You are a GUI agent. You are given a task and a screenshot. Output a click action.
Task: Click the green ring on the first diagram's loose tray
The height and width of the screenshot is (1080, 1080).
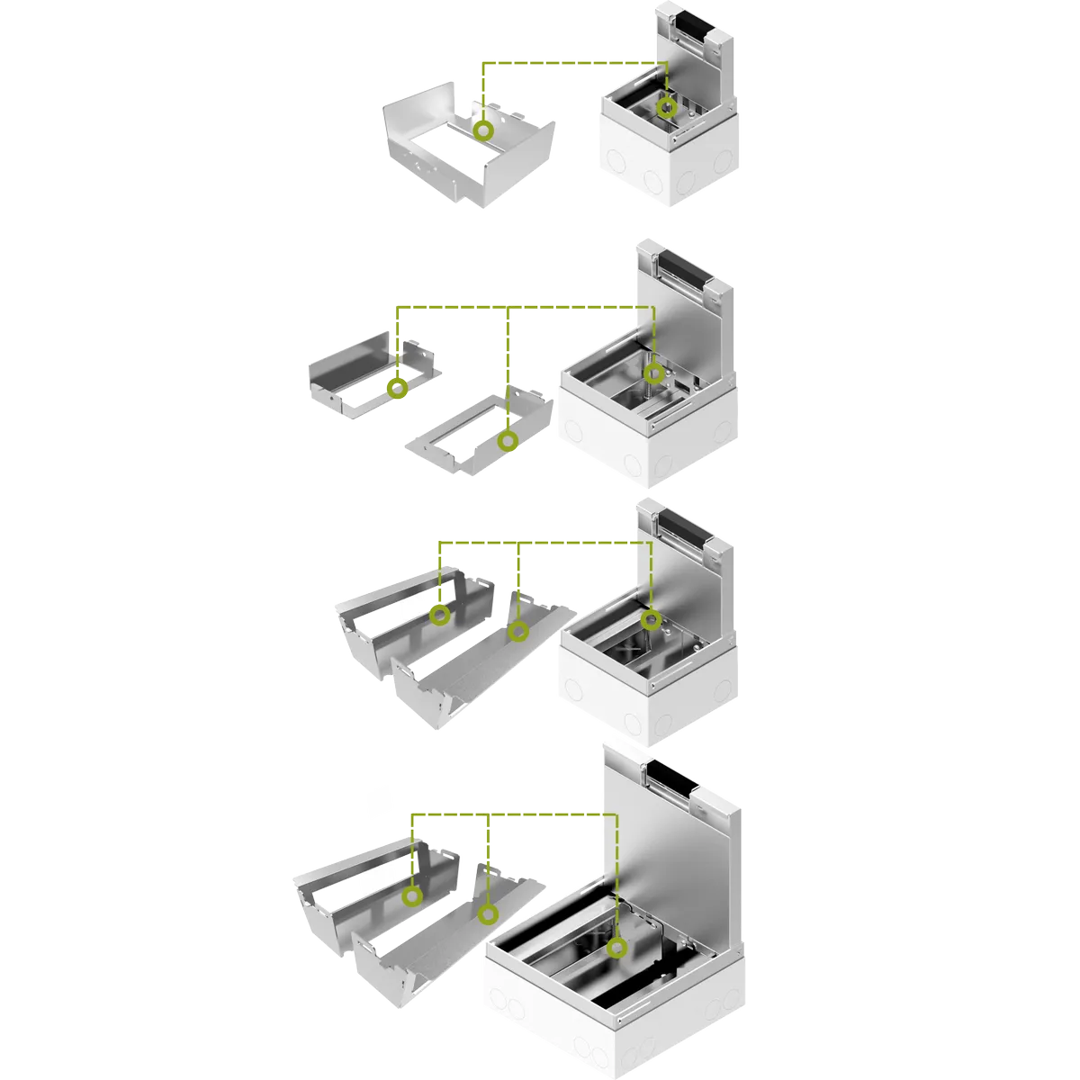484,131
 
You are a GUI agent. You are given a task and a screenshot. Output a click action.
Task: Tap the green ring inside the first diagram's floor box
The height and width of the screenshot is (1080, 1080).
666,108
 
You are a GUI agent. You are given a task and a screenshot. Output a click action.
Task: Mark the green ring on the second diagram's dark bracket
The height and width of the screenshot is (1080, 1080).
397,389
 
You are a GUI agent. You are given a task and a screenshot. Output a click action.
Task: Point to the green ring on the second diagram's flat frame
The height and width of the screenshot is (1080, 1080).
508,441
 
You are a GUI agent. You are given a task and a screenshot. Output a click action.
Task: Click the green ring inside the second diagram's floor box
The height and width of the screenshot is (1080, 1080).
654,373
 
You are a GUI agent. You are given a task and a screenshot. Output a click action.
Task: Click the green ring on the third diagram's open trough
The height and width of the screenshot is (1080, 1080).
439,615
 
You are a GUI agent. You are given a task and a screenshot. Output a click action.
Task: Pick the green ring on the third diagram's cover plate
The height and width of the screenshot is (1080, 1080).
517,631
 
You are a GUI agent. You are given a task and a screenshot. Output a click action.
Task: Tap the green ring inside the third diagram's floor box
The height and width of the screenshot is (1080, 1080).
652,619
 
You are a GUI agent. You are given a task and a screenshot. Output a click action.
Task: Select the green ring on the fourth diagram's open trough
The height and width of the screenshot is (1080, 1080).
412,896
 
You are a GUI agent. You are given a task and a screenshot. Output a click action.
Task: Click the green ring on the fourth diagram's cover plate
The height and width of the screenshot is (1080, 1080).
488,915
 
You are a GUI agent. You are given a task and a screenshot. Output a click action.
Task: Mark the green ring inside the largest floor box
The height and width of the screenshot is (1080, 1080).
616,948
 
